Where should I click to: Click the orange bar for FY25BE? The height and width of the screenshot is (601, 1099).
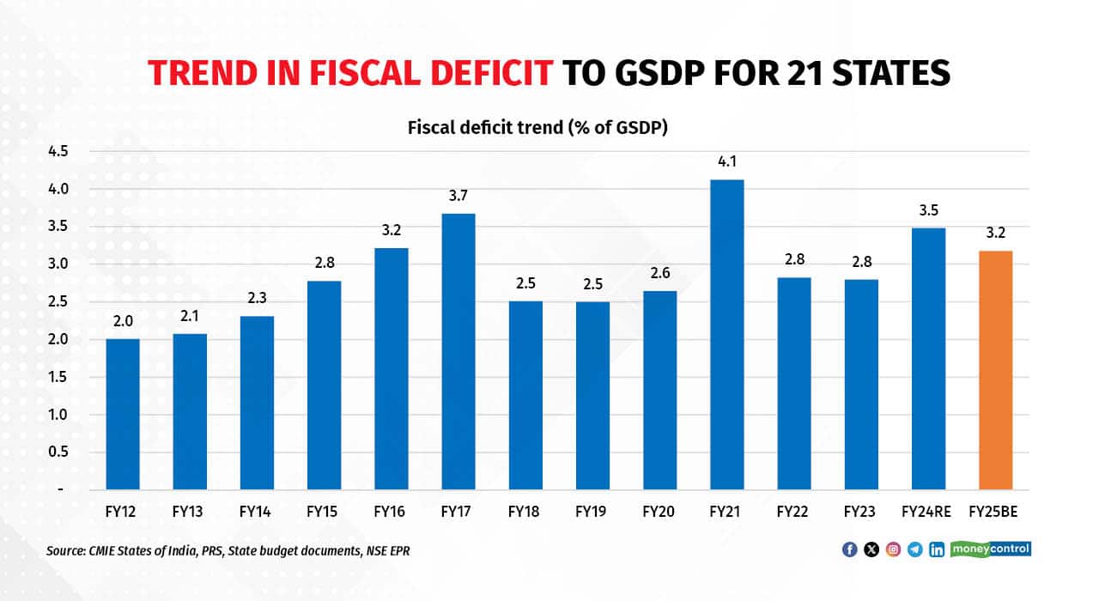click(x=995, y=370)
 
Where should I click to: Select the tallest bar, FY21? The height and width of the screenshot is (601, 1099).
click(x=727, y=335)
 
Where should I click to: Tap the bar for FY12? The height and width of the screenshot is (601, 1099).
click(x=122, y=414)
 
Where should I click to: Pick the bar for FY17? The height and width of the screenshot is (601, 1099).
click(x=458, y=351)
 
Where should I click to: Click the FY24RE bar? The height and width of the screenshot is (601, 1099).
click(x=928, y=358)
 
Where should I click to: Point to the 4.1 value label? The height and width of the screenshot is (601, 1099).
click(x=727, y=160)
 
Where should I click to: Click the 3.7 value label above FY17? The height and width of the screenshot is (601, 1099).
click(x=458, y=195)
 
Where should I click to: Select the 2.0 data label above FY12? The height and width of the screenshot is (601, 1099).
click(x=122, y=320)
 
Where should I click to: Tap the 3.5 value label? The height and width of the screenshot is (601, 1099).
click(x=928, y=209)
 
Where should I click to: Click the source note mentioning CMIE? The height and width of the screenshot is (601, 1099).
click(x=228, y=550)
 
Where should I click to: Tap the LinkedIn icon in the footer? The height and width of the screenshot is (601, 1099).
click(x=937, y=549)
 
